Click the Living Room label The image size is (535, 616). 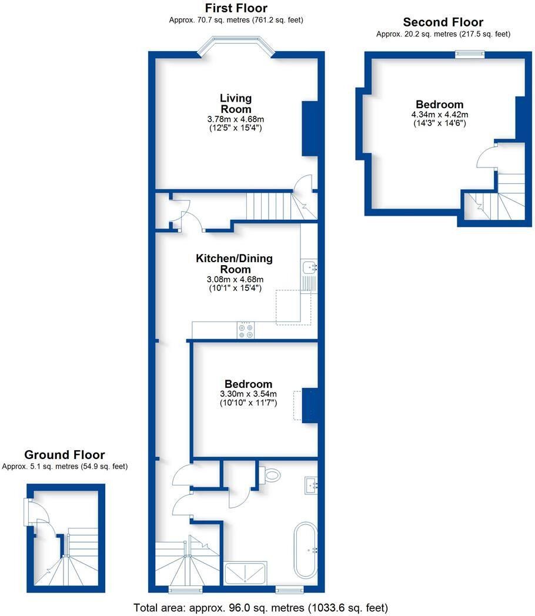coord(236,103)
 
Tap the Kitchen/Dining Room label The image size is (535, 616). coord(235,263)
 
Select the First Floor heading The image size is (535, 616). coord(236,8)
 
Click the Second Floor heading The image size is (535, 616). coord(443,22)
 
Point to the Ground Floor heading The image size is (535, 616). coord(65,454)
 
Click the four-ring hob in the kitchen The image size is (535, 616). coord(246,330)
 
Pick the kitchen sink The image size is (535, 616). coord(309,267)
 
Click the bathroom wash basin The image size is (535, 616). coord(311,485)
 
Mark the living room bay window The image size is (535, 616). coord(236,45)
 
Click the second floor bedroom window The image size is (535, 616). coord(470,54)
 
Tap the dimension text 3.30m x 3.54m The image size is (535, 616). coord(248,394)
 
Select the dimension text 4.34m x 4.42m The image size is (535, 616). coord(440,114)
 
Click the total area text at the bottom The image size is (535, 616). coord(261,608)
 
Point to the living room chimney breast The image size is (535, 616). coord(310,129)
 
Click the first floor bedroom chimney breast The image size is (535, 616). coord(310,406)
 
